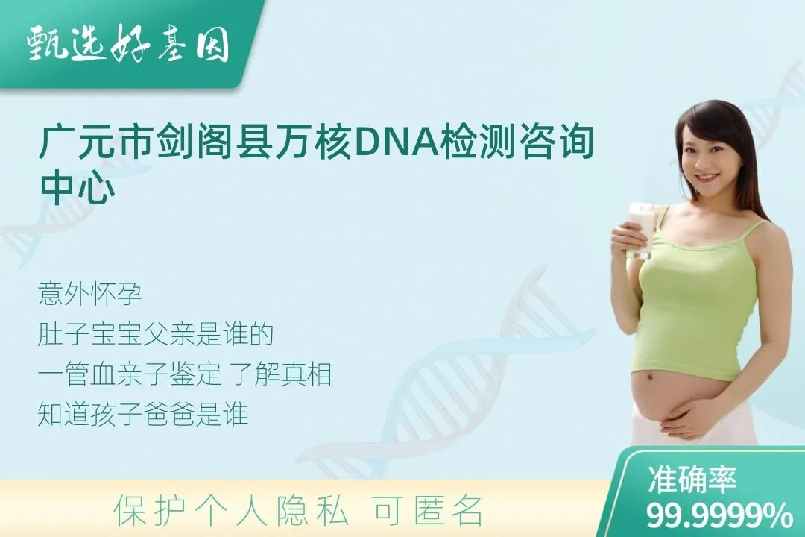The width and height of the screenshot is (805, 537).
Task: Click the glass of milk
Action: [642, 230]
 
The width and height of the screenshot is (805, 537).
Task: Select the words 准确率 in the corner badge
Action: [692, 479]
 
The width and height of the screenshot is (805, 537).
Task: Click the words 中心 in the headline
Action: [78, 187]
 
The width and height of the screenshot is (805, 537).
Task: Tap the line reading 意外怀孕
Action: [90, 294]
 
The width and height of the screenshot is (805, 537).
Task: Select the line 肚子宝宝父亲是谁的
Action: [156, 334]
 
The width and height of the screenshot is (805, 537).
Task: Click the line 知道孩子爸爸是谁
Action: [143, 414]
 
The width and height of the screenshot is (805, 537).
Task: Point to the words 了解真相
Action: [281, 374]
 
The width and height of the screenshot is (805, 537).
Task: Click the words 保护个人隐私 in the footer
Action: [231, 511]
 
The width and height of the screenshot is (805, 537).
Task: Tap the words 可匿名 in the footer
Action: [428, 511]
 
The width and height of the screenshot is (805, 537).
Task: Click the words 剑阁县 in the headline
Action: [212, 139]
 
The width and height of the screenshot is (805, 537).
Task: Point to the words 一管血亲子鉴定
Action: [130, 374]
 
